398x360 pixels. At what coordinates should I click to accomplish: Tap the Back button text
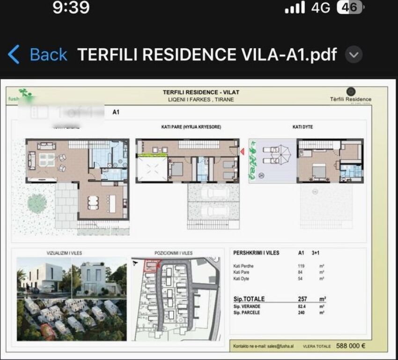[x=48, y=55]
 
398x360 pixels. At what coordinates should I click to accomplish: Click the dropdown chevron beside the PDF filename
[x=354, y=55]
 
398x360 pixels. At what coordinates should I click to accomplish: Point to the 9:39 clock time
[x=71, y=7]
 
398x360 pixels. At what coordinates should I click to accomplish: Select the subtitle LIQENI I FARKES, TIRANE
[x=201, y=99]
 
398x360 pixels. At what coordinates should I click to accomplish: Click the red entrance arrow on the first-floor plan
[x=243, y=151]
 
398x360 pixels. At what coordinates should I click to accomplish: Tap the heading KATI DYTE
[x=302, y=127]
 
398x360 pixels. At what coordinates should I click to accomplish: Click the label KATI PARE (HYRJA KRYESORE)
[x=188, y=127]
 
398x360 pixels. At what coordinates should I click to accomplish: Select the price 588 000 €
[x=351, y=346]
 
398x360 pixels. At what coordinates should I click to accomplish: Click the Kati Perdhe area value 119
[x=301, y=266]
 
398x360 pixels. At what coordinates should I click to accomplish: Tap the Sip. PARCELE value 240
[x=301, y=313]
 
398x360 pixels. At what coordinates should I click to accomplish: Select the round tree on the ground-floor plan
[x=37, y=203]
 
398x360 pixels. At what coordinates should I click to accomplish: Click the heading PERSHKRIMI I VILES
[x=256, y=253]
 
